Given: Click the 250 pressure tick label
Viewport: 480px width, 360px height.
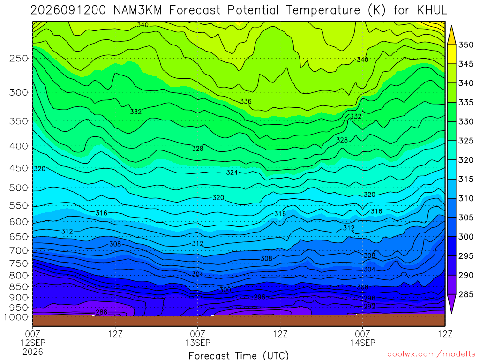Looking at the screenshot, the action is pos(19,58).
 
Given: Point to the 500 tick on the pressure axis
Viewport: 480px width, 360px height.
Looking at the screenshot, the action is pos(19,187).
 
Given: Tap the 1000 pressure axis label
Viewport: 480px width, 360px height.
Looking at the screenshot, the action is pos(16,317).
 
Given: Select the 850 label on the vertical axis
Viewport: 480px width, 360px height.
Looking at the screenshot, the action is pos(19,287).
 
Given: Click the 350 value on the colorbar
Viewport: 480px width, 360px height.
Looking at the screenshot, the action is pos(465,45).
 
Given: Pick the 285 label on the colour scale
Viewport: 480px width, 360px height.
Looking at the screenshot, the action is pos(465,294).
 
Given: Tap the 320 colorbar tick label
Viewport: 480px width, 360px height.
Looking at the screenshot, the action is pos(465,160).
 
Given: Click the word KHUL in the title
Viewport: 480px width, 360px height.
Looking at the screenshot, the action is pos(432,10).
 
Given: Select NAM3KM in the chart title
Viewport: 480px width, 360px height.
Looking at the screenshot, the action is pos(137,10).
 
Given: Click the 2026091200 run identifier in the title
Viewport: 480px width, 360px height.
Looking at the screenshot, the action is pos(68,10).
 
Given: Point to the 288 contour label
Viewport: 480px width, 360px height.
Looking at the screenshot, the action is pos(102,312).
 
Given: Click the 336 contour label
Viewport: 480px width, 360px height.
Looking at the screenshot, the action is pos(246,101).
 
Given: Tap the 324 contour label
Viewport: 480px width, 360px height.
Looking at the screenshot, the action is pos(232,172).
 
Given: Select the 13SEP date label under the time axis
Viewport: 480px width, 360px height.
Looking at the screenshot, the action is pos(198,343).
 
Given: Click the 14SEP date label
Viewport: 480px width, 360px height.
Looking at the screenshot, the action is pos(363,343).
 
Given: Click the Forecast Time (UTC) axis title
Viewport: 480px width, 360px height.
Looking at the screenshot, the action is pos(239,355).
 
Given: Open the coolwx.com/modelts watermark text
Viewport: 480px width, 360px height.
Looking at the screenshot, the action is pos(431,354).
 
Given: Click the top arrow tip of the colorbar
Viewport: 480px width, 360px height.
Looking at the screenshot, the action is pos(451,26).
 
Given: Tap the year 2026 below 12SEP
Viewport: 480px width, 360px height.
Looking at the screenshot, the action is pos(33,352).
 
